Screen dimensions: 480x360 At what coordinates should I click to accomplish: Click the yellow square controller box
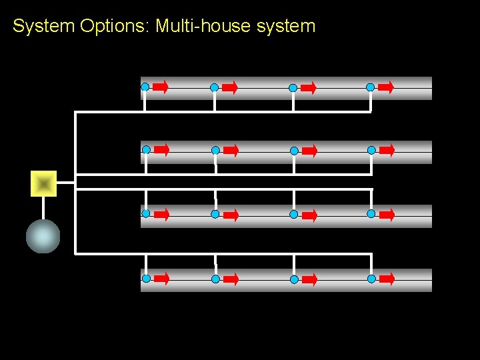pos(44,183)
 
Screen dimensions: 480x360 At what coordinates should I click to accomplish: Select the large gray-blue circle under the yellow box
pos(43,237)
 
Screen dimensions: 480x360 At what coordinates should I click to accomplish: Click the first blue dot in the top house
pos(145,87)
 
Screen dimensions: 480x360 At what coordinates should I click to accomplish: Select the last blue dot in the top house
pos(370,87)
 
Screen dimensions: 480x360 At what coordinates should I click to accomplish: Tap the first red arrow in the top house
pos(161,87)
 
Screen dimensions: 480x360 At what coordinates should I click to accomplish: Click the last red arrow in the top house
pos(386,87)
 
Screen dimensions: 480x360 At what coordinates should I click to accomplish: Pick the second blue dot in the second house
pos(215,151)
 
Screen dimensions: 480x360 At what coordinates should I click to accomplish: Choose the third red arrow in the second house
pos(309,151)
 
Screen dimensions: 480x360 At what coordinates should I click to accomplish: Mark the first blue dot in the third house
pos(145,214)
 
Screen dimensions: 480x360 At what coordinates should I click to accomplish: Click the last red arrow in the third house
pos(387,214)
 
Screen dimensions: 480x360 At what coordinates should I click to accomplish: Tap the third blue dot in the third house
pos(293,215)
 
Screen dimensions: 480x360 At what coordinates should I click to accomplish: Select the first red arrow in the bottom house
pos(161,278)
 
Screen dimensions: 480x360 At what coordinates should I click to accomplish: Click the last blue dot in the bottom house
pos(371,278)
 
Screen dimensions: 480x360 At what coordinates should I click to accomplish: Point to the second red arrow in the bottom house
pos(231,279)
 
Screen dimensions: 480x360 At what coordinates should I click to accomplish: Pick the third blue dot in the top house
pos(293,87)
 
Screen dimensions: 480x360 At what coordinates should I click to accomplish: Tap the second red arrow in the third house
pos(231,215)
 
